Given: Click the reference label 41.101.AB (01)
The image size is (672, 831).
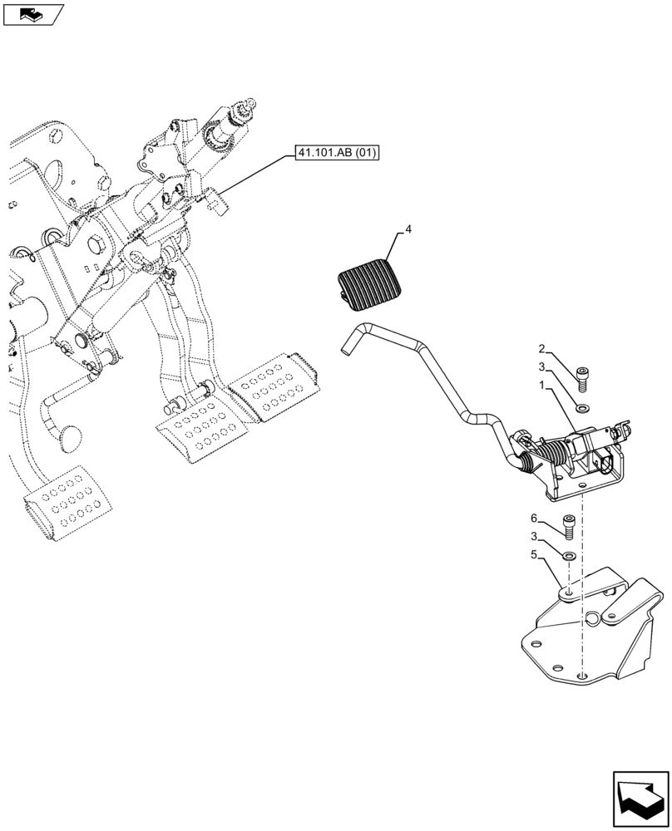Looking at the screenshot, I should coord(335,153).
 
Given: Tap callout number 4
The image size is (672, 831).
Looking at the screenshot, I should coord(408,229).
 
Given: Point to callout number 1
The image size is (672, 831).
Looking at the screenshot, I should coord(543,386).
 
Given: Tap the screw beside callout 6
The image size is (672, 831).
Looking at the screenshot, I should coord(569,527).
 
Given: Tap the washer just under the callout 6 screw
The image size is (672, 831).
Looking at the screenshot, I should coord(569,555).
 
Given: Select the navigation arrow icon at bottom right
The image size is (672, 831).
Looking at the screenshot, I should coord(641,800).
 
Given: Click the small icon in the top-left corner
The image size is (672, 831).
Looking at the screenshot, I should coord(32,13).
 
